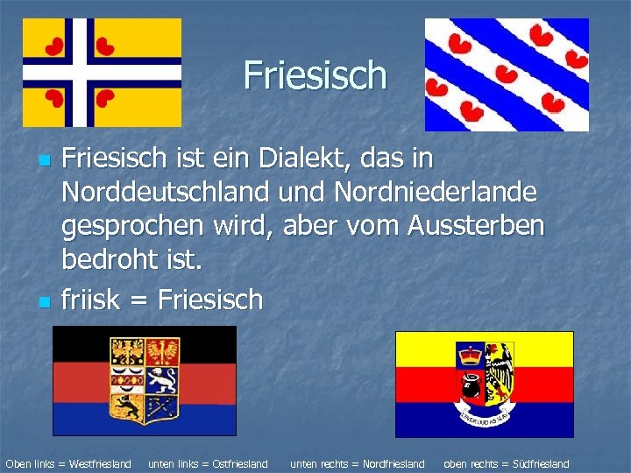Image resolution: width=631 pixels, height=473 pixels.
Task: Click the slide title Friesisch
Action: [315, 75]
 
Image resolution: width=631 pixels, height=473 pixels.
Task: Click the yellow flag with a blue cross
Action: [102, 73]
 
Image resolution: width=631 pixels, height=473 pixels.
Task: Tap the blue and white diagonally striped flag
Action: [507, 74]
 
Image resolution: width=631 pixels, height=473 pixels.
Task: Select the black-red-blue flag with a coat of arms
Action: [145, 380]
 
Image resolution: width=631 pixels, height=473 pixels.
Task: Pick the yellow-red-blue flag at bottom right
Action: [484, 384]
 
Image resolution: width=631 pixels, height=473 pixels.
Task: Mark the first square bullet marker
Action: [42, 163]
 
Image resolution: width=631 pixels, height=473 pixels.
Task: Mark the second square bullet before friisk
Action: [42, 302]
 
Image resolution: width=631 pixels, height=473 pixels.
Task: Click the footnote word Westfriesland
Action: [99, 463]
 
